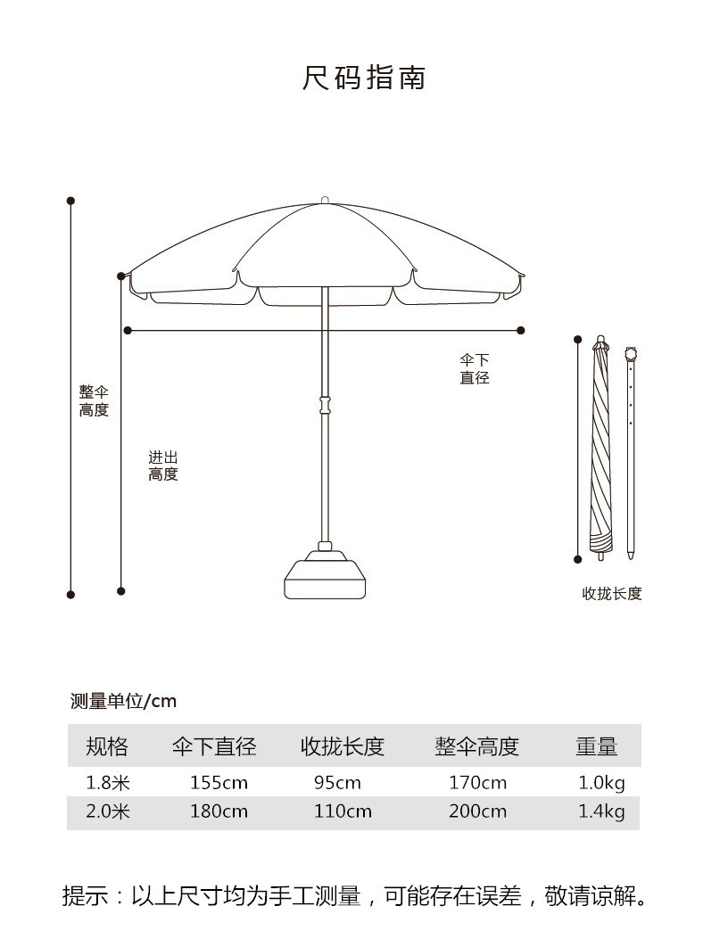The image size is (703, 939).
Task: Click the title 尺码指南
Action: pyautogui.click(x=363, y=78)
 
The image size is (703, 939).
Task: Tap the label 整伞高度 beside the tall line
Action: pyautogui.click(x=94, y=401)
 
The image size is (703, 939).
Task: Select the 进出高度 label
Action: pyautogui.click(x=163, y=466)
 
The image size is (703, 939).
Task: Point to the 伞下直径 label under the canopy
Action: pyautogui.click(x=475, y=369)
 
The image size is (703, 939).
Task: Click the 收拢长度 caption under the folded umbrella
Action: pyautogui.click(x=612, y=594)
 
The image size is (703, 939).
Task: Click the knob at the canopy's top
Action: pyautogui.click(x=326, y=201)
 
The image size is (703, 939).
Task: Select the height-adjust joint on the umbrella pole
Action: pyautogui.click(x=326, y=405)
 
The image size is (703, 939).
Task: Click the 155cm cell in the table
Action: pyautogui.click(x=219, y=783)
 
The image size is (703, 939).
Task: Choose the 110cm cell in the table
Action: pyautogui.click(x=343, y=811)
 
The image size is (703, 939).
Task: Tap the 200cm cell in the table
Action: pyautogui.click(x=477, y=811)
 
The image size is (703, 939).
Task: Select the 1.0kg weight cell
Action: pyautogui.click(x=601, y=783)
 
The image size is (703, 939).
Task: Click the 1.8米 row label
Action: pyautogui.click(x=108, y=783)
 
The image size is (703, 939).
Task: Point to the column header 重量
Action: pyautogui.click(x=597, y=746)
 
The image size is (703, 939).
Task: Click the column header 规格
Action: pyautogui.click(x=107, y=746)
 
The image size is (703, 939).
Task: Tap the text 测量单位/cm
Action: pyautogui.click(x=124, y=701)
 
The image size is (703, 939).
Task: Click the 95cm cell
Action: pyautogui.click(x=337, y=783)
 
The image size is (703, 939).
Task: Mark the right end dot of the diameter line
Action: pyautogui.click(x=521, y=331)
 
